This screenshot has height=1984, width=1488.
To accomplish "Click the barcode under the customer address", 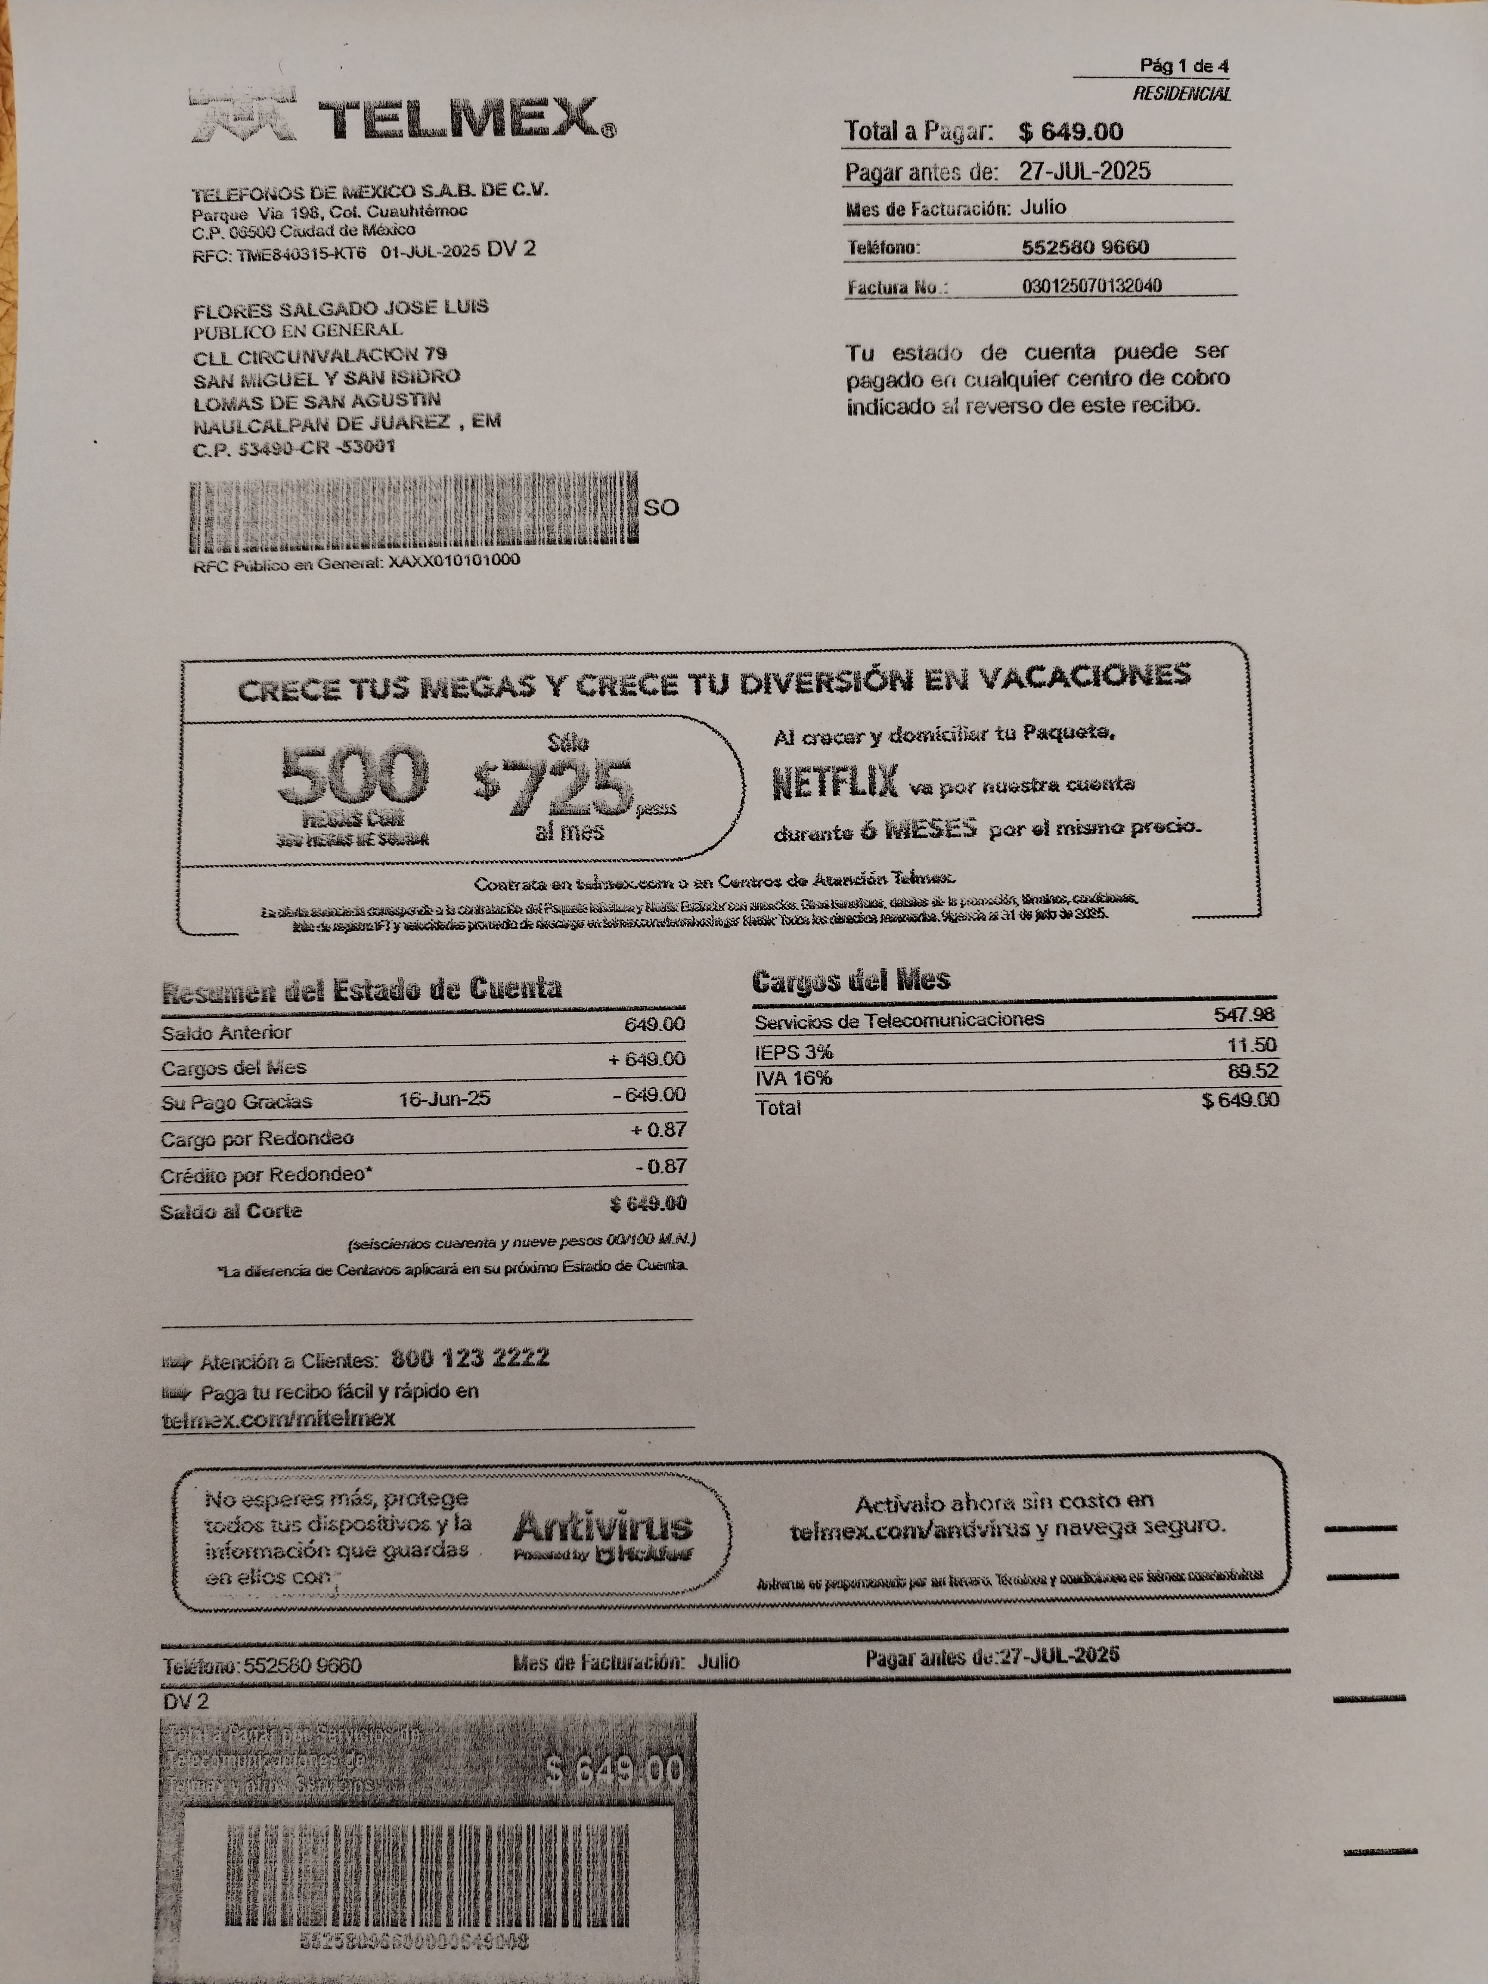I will [412, 512].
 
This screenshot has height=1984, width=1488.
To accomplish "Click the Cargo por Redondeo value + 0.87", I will [659, 1130].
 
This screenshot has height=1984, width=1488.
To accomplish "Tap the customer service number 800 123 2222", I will [470, 1358].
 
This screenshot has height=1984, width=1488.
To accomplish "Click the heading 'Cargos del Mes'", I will [850, 980].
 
